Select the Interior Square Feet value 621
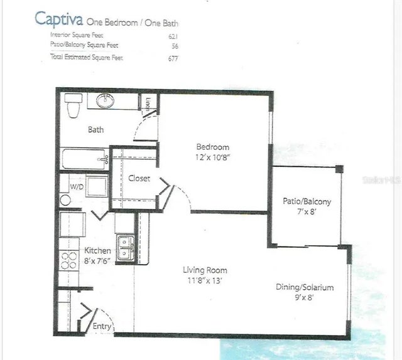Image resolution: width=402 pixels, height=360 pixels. (x=173, y=36)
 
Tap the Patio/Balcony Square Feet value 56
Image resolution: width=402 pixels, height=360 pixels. (x=175, y=46)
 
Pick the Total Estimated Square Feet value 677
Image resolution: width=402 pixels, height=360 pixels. (x=173, y=58)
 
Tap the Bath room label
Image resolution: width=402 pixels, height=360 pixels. (x=95, y=130)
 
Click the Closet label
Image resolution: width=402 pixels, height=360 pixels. (x=139, y=178)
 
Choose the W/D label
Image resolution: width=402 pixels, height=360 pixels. (x=77, y=186)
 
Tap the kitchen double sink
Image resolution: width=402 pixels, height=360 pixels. (x=124, y=247)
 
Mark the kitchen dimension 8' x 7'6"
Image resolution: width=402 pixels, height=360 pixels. (x=98, y=262)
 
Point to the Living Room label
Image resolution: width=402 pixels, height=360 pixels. (x=205, y=270)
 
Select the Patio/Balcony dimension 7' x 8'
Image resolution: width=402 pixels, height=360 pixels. (x=307, y=213)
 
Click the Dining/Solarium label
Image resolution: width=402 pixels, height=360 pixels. (x=305, y=287)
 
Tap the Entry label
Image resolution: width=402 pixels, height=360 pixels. (x=102, y=327)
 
